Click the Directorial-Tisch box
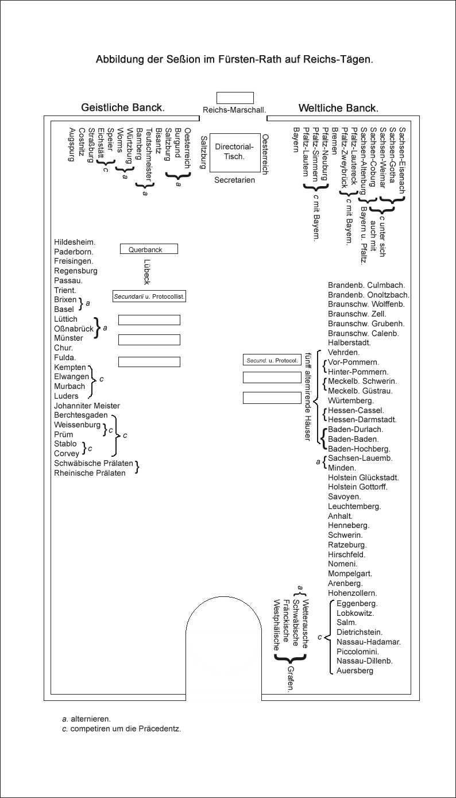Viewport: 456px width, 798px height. [234, 152]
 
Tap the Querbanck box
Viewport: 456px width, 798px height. [149, 249]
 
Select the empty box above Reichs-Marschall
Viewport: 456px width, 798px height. [235, 98]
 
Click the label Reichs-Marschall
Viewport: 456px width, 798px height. [234, 110]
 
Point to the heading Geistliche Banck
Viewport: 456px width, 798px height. [123, 107]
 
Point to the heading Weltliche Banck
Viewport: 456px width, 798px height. [338, 108]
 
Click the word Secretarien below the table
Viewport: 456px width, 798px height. [234, 180]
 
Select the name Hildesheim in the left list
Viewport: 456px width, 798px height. [75, 242]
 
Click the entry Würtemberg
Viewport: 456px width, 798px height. [350, 400]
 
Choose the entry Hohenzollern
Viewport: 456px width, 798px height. [352, 593]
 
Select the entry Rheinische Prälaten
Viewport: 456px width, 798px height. [90, 473]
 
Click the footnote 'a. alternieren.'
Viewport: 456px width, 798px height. [87, 719]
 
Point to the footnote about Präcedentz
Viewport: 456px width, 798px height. [121, 728]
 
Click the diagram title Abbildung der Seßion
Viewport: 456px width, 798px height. [234, 59]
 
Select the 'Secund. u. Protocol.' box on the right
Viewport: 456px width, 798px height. [272, 360]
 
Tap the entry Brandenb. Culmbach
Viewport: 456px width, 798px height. [366, 285]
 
